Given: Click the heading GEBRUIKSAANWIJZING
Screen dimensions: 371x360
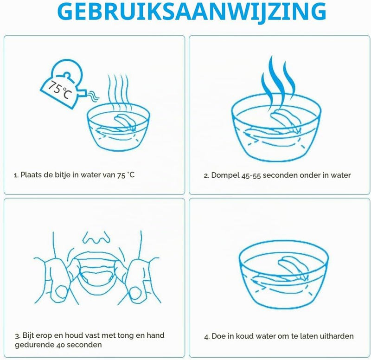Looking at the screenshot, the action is pos(192,12).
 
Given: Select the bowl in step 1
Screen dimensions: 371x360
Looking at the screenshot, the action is pos(118,127).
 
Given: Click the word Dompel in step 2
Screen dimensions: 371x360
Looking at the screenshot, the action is pos(225,176).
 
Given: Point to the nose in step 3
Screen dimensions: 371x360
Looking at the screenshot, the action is pos(96,238).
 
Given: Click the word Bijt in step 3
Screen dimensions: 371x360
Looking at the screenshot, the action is pos(28,335).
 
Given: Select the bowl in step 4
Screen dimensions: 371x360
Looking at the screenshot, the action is pos(284,275).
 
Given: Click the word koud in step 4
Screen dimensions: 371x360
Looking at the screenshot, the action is pos(245,336).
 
